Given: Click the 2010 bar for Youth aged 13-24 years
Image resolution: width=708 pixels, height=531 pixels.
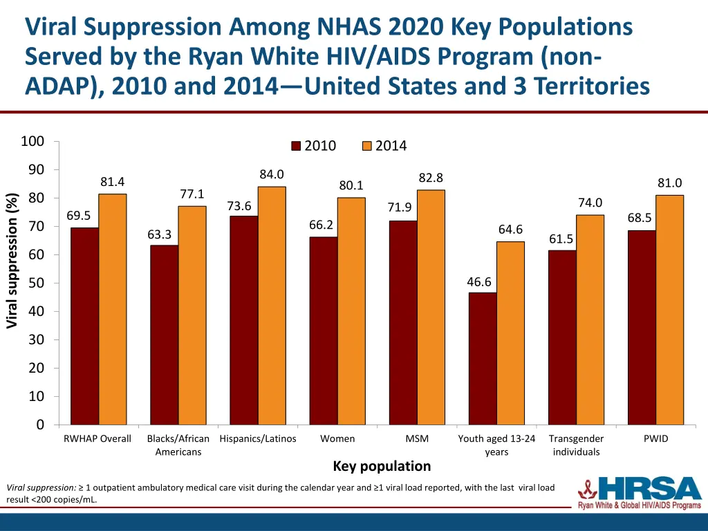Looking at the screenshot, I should click(x=483, y=358).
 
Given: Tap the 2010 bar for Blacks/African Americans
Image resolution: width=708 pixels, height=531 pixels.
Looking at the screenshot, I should click(x=164, y=335).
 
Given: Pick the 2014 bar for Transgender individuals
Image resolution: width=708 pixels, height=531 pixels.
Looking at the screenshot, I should click(x=590, y=319).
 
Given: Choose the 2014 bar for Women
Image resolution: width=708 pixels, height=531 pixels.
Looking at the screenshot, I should click(x=351, y=310).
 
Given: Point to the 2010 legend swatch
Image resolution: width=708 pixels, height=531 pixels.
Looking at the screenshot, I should click(x=297, y=146).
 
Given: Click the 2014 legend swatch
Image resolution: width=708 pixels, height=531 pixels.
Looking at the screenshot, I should click(x=367, y=146).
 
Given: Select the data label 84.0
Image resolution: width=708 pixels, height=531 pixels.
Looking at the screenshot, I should click(x=272, y=174).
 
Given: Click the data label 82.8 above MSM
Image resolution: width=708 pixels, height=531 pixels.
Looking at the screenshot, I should click(x=431, y=178).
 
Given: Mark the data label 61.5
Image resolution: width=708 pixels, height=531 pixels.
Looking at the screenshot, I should click(x=561, y=239).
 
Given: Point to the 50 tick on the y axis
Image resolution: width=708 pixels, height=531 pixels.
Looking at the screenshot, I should click(x=36, y=283).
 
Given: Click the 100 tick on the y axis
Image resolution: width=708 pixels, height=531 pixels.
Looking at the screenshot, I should click(x=32, y=142).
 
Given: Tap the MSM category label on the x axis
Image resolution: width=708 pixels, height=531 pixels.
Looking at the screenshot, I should click(x=417, y=438).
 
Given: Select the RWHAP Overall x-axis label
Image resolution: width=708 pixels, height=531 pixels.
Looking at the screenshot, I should click(x=97, y=438).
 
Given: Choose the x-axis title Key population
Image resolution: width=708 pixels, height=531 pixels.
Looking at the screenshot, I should click(x=382, y=466).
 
